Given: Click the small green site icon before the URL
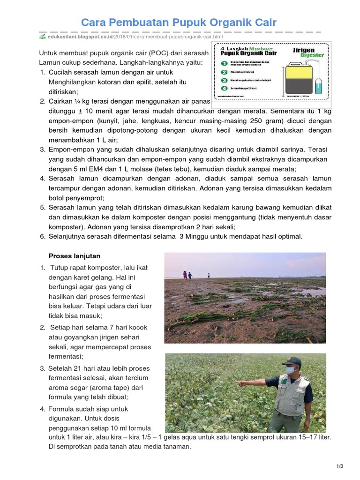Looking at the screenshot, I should pos(42,37).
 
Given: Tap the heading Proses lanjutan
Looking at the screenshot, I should pos(74,256).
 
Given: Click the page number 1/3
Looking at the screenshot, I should pos(340,466).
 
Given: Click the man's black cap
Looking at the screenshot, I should pos(294,361).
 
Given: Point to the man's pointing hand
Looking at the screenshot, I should pos(240,383).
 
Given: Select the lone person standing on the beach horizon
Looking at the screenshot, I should pos(209,276).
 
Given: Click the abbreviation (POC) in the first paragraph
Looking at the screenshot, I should pos(152,53).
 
